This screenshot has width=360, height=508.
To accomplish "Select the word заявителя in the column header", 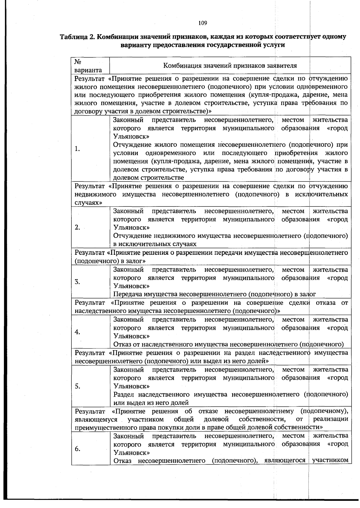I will tap(282, 66).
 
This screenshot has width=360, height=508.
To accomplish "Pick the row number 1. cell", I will tap(77, 149).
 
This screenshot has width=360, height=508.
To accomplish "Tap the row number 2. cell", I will tap(77, 227).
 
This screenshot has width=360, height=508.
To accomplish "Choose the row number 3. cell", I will tap(77, 282).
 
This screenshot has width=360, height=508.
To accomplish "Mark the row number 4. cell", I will tap(77, 332).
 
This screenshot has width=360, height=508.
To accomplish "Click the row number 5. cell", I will tap(77, 386).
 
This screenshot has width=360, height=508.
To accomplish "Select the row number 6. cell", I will tap(77, 449).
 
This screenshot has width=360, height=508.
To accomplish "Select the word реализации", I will tap(330, 419).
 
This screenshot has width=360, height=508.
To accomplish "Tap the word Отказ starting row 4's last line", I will tap(122, 344).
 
